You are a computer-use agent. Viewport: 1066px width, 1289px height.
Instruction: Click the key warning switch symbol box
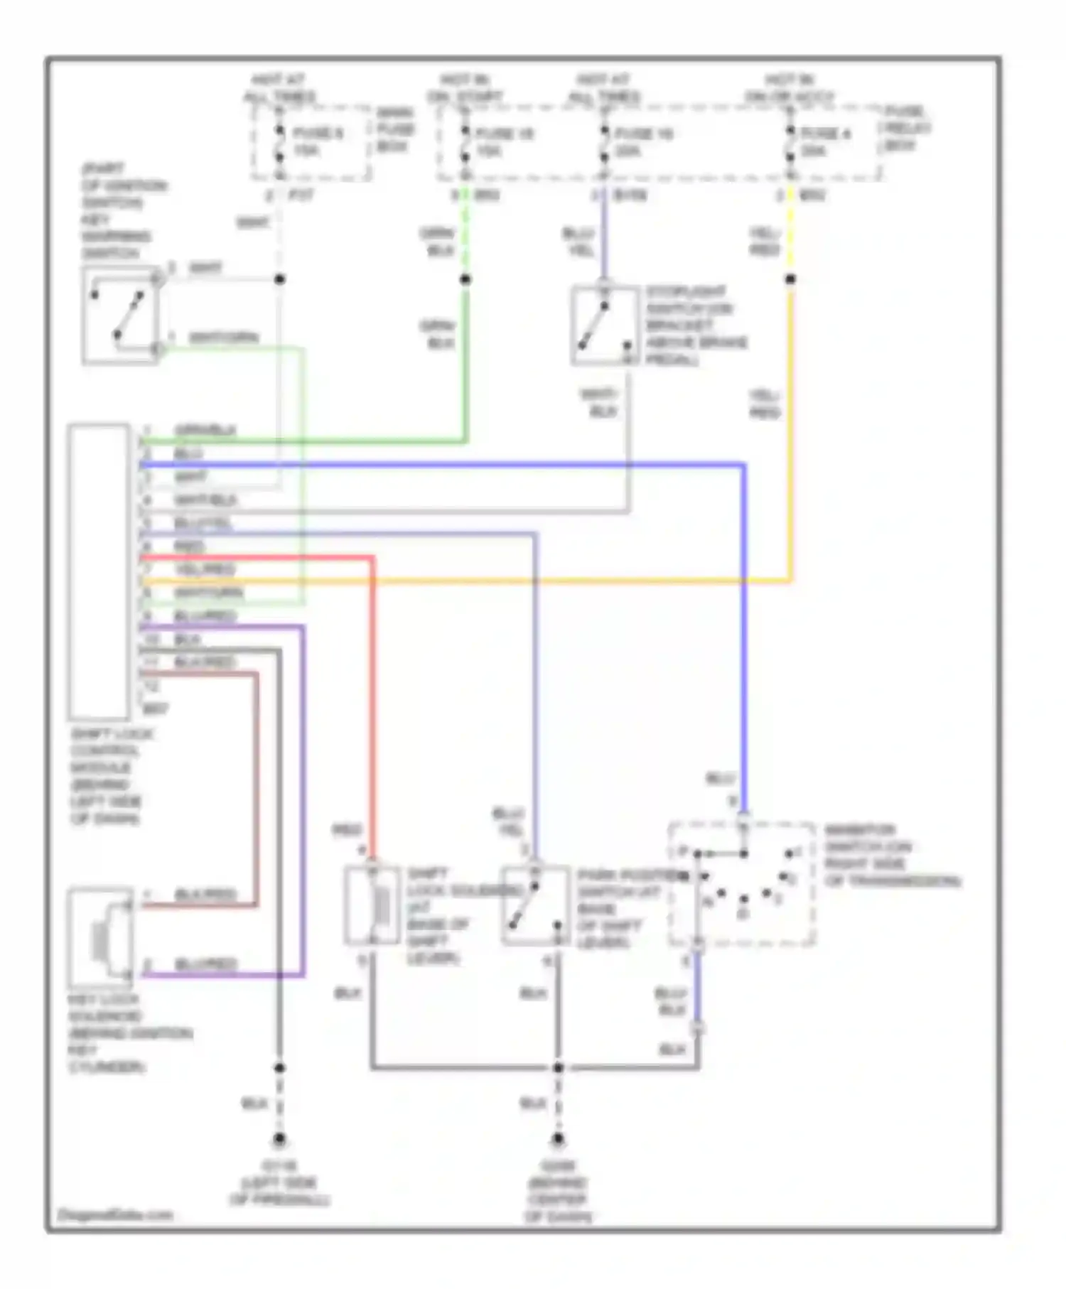pos(120,315)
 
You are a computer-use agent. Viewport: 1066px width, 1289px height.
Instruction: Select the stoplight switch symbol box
pos(604,326)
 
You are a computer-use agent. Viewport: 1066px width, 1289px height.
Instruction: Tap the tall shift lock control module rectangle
pos(99,572)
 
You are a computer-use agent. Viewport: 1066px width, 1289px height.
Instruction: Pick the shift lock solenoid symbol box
pos(372,905)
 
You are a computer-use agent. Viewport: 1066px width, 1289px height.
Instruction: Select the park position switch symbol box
pos(535,905)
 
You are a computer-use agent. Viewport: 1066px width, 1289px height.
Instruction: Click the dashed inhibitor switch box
pos(742,885)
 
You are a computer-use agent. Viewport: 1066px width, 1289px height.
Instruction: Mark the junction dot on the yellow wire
pos(790,279)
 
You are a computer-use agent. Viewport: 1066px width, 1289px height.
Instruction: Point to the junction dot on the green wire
pos(465,279)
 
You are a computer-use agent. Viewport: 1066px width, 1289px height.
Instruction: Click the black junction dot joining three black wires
pos(558,1067)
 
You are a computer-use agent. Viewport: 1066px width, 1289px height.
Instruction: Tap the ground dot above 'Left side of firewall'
pos(279,1139)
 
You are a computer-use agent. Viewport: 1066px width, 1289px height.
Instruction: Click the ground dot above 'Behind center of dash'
pos(558,1139)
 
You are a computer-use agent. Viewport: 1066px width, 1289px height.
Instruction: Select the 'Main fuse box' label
pos(394,129)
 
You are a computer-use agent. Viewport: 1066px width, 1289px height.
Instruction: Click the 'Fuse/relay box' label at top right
pos(905,129)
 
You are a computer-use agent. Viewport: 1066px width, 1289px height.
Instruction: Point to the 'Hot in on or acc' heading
pos(790,88)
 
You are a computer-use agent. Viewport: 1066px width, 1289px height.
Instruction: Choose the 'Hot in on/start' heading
pos(465,88)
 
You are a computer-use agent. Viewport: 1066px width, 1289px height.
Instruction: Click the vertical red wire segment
pos(372,711)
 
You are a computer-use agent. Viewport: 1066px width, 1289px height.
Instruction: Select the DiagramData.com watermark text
pos(115,1215)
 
